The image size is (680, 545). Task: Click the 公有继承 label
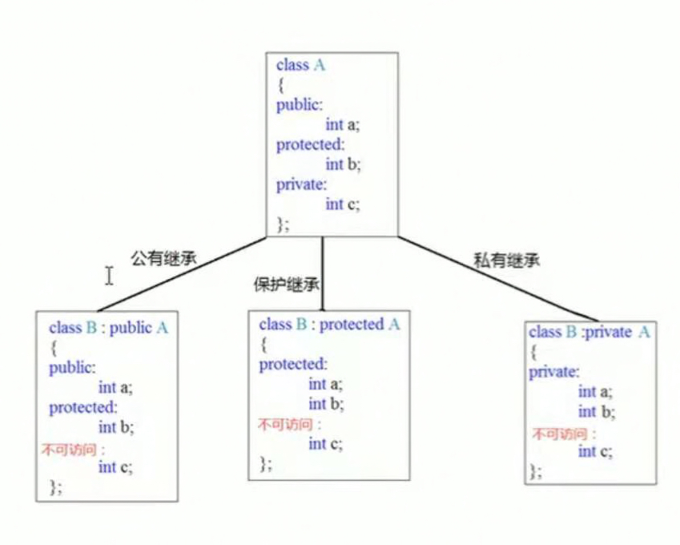point(163,258)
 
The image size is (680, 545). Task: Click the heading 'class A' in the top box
point(300,66)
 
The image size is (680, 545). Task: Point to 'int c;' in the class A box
point(343,204)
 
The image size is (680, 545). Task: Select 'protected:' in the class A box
point(310,145)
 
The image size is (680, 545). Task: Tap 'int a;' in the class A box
point(343,125)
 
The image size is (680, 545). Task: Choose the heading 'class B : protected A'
point(329,325)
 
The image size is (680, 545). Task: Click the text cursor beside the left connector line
point(108,277)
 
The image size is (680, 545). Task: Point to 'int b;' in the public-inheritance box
point(115,427)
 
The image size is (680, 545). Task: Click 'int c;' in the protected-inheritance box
point(328,444)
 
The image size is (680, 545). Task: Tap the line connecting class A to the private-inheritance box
point(497,278)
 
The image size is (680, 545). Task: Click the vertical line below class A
point(321,272)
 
